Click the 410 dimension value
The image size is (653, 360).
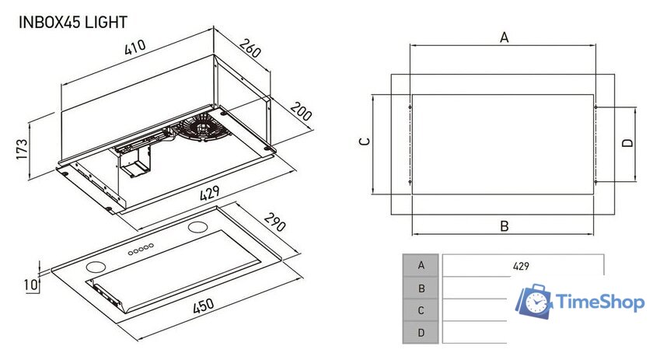135,47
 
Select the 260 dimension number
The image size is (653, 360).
248,50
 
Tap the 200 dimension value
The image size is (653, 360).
300,112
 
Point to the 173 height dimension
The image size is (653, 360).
23,149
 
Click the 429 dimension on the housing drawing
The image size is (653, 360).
208,192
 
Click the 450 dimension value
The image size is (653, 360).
203,308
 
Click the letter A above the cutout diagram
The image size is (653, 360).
504,37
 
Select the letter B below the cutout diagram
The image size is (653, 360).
504,226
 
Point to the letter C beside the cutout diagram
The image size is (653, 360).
364,142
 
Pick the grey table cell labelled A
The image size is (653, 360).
421,265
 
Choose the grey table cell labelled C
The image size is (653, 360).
421,310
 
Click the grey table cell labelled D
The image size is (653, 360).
421,333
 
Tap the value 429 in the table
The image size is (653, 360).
521,266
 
